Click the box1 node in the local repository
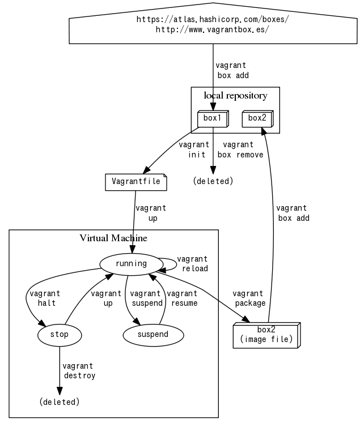tap(212, 118)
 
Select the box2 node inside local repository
tap(257, 118)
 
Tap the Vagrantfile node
tap(136, 182)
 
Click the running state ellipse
tap(131, 263)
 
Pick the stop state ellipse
tap(59, 335)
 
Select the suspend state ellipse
tap(153, 335)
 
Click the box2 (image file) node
tap(266, 335)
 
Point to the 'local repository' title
tap(235, 96)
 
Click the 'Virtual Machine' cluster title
tap(113, 238)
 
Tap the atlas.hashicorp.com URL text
tap(213, 19)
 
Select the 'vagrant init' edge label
tap(192, 150)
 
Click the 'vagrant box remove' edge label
tap(240, 150)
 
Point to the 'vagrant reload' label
tap(193, 264)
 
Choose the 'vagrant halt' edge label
tap(44, 298)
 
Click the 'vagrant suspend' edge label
tap(146, 298)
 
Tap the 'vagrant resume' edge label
tap(183, 298)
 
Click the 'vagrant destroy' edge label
tap(78, 370)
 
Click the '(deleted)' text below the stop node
tap(59, 402)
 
